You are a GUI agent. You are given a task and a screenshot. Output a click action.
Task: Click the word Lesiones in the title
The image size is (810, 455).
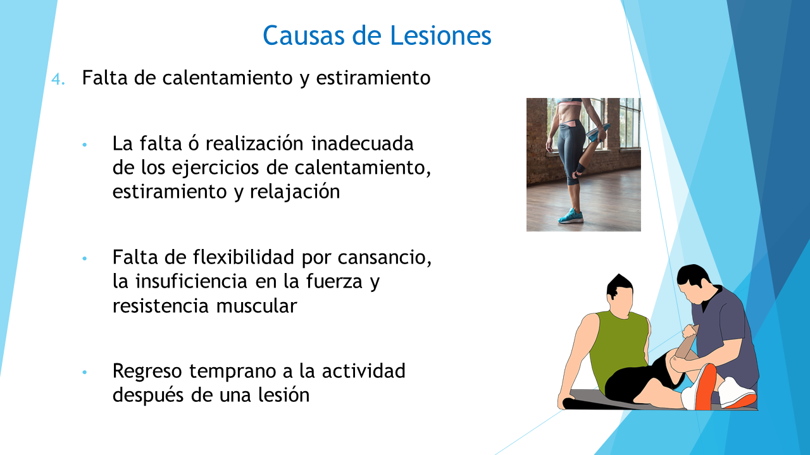point(441,35)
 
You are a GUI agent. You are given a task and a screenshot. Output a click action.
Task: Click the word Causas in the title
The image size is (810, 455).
point(304,35)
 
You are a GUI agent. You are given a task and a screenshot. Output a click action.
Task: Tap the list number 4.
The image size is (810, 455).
point(58,79)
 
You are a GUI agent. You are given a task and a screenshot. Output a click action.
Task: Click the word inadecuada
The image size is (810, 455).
point(363,143)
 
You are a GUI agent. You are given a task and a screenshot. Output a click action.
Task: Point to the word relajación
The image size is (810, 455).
point(295,191)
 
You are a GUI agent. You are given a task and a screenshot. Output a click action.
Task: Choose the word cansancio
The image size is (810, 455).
point(385,258)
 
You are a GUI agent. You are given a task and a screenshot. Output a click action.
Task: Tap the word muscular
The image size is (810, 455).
point(257,306)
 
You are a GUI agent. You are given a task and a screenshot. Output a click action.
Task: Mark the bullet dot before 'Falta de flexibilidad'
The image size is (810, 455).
point(85,258)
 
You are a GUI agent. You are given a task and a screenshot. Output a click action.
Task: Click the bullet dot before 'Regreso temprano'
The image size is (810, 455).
point(85,372)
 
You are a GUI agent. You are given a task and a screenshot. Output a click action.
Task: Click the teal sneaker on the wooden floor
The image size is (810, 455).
point(571,216)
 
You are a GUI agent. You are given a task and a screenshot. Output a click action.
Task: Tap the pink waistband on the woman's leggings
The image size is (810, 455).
point(571,124)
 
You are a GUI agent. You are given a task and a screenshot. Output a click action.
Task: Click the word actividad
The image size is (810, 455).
point(363,371)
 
